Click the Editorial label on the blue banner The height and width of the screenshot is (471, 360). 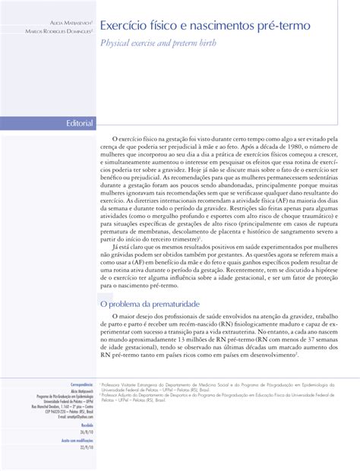[x=80, y=123]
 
